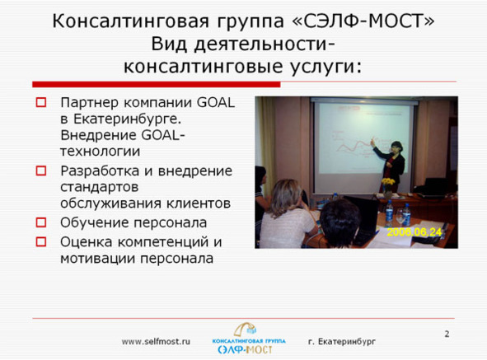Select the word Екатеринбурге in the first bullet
click(127, 119)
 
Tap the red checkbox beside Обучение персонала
click(41, 222)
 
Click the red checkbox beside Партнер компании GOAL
click(41, 102)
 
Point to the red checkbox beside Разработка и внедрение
click(41, 171)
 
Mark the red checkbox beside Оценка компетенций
click(41, 241)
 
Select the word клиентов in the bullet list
click(199, 203)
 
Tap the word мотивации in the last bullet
click(97, 259)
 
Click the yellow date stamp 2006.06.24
click(414, 232)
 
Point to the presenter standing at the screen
click(391, 165)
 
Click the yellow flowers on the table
click(388, 182)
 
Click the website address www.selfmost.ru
click(156, 342)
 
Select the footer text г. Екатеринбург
click(342, 342)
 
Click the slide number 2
click(447, 334)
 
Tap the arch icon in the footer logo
click(245, 330)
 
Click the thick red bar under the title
click(157, 84)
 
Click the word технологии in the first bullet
click(100, 152)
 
